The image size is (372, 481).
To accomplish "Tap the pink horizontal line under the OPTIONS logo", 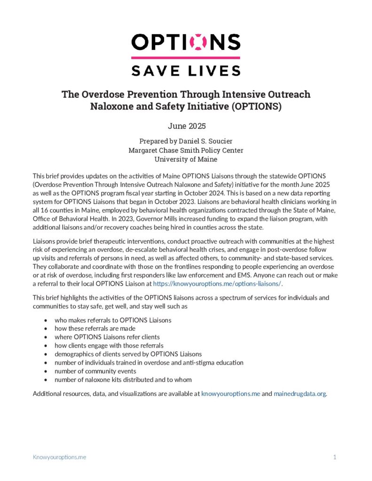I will (x=186, y=58).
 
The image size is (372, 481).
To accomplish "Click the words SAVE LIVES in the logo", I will (x=186, y=71).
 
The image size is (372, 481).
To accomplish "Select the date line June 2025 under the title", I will (x=186, y=126).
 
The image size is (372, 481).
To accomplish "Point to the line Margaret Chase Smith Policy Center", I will (x=186, y=150).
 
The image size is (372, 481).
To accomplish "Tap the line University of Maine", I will (x=186, y=159).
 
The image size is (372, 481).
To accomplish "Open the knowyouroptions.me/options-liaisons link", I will (x=217, y=284).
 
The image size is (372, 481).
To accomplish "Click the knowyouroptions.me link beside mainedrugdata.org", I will (x=230, y=394).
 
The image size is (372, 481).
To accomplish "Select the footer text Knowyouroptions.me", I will (x=59, y=457).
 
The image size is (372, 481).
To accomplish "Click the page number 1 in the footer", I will (x=334, y=457).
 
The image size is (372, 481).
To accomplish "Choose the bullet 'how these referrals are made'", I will (x=95, y=328).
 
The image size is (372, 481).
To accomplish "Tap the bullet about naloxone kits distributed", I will (x=123, y=380).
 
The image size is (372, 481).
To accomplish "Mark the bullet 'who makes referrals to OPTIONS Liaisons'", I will (x=113, y=320).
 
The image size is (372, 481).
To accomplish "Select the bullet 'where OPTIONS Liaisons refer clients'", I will (x=107, y=337).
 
